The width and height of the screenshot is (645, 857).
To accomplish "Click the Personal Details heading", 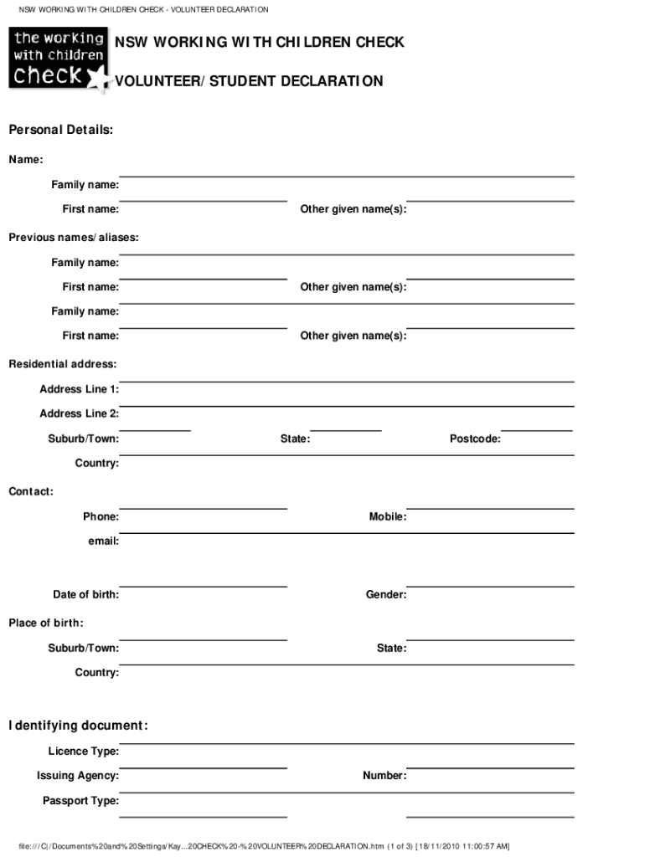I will click(60, 131).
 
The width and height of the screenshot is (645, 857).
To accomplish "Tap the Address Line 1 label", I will click(79, 389).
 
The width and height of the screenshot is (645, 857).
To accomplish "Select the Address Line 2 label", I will click(79, 413).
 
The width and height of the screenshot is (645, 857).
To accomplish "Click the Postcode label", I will click(475, 439).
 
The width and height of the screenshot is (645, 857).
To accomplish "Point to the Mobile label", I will click(388, 516).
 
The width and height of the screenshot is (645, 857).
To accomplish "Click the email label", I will click(104, 541).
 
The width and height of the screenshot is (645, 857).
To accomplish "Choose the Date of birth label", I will click(85, 594).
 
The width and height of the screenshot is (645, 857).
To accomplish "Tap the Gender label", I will click(386, 594).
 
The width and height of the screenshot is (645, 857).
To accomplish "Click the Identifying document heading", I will click(78, 725).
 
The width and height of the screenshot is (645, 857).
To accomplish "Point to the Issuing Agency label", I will click(77, 776).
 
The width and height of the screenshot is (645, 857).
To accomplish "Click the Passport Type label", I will click(80, 801).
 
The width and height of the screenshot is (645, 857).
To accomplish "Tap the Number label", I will click(384, 776).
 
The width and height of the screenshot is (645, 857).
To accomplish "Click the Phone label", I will click(101, 516).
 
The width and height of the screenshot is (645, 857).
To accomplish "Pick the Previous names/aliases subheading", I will click(74, 238).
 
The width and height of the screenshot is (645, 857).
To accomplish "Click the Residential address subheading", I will click(63, 364).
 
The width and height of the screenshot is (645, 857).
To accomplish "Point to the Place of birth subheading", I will click(46, 623).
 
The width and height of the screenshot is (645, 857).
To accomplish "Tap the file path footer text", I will click(264, 845).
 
